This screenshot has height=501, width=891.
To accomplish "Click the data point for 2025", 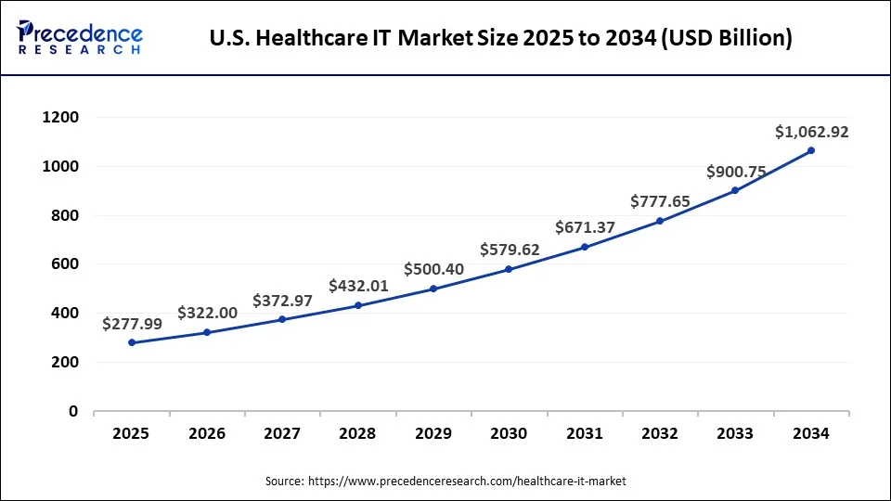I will point(131,342).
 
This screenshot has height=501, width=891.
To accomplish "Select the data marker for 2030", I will point(509,269).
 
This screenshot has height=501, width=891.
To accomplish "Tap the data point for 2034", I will point(810,150).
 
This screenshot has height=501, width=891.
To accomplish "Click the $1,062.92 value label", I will point(811,133).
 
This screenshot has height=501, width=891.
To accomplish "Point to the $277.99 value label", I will point(132,324).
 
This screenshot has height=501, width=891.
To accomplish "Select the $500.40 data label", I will point(433,269).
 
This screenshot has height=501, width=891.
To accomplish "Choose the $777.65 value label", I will point(660,201).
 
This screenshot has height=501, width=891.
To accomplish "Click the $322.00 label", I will point(207,314).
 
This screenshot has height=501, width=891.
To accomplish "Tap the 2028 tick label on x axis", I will point(357,433).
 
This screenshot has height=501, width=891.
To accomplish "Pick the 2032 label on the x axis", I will point(660,433).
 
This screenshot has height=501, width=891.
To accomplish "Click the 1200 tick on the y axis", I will point(60,118).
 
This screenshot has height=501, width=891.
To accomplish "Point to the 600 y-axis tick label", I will point(64,264).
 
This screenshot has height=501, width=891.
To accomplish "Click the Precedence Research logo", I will point(80,38).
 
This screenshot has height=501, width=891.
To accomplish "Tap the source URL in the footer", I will point(467,481).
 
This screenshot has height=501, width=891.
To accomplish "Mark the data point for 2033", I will point(735,190).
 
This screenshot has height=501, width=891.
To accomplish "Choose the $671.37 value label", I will point(585,226).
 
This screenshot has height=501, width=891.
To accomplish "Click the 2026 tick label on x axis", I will point(207,433).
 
